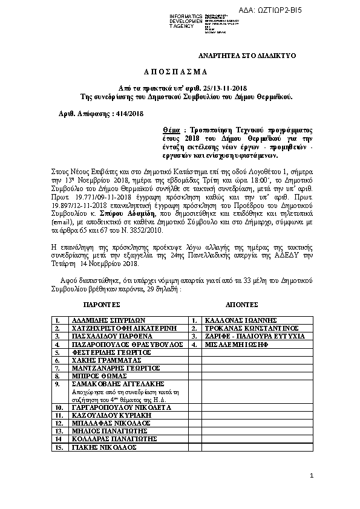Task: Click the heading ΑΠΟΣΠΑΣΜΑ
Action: click(x=180, y=71)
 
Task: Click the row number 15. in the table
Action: click(x=59, y=447)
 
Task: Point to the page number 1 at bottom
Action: click(x=312, y=476)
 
